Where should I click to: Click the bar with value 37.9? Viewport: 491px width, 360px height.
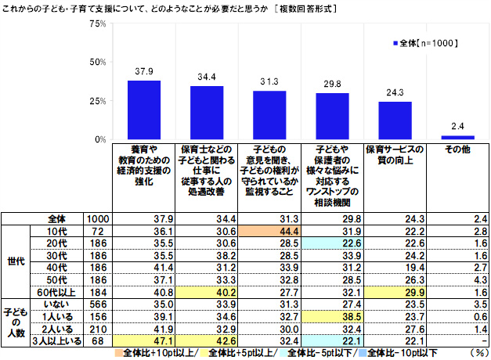click(144, 110)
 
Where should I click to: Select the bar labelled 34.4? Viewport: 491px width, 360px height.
click(207, 113)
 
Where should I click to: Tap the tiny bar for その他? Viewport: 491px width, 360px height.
click(457, 138)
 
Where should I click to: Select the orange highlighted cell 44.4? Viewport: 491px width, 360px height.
click(269, 232)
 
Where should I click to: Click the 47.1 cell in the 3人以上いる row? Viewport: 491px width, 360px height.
click(144, 341)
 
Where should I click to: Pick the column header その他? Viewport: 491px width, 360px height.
click(457, 149)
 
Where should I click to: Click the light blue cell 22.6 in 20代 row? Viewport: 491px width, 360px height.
click(332, 243)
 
